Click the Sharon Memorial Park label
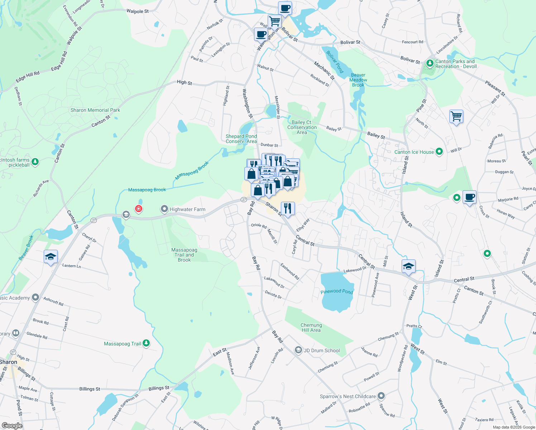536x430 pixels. tap(95, 110)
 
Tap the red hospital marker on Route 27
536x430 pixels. tap(138, 208)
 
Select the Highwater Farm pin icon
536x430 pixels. tap(164, 209)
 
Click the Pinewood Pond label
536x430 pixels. tap(337, 291)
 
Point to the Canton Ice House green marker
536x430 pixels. tap(439, 152)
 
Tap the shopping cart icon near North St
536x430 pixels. tap(456, 116)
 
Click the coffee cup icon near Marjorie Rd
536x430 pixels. tap(469, 197)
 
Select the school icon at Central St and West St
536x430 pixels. tap(408, 266)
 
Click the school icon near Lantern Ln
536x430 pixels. tap(51, 257)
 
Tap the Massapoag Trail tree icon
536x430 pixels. tap(146, 343)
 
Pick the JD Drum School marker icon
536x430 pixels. tap(298, 350)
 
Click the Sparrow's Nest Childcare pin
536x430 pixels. tap(381, 396)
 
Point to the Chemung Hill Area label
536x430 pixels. tap(311, 328)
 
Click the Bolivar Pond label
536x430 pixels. tap(335, 62)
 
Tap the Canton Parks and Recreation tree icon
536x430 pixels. tap(430, 64)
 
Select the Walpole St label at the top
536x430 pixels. tap(138, 11)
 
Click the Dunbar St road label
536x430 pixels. tap(269, 145)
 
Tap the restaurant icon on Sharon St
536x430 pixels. tap(288, 208)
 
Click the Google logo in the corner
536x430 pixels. tap(12, 425)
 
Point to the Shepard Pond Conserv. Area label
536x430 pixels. tap(241, 139)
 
